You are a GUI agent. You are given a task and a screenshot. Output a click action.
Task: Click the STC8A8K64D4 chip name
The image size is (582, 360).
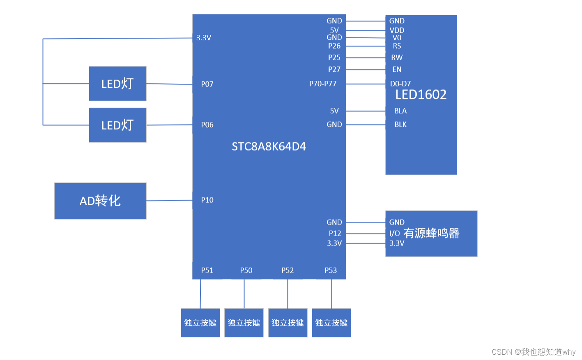click(269, 147)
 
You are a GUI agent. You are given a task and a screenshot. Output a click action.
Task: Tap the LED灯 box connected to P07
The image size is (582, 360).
click(117, 84)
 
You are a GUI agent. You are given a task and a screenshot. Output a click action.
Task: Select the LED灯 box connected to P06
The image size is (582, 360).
click(117, 125)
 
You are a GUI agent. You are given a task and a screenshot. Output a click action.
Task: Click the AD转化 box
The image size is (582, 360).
click(100, 201)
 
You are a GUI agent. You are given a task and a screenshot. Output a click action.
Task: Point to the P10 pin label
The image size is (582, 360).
click(207, 200)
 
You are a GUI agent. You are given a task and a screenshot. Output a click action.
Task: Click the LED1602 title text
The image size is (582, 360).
click(421, 95)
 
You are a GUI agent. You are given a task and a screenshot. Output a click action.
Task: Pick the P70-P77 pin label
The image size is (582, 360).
click(323, 84)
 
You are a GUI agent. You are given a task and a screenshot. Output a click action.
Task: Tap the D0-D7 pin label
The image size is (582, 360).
click(400, 84)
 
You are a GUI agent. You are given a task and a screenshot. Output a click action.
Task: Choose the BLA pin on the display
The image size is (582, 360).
click(400, 111)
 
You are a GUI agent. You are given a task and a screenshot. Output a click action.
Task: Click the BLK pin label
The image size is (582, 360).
click(400, 124)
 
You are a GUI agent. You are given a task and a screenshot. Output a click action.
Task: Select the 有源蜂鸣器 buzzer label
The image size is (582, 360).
click(431, 233)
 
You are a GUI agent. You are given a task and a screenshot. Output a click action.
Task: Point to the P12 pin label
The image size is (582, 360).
click(335, 233)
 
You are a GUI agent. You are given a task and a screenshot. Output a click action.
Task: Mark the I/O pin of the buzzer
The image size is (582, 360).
click(394, 234)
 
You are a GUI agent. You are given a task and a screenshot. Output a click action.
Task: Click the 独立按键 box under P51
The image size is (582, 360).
click(200, 323)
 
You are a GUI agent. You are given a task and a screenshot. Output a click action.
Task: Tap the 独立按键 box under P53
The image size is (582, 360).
click(331, 323)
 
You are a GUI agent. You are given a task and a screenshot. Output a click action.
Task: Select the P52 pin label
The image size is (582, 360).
click(288, 270)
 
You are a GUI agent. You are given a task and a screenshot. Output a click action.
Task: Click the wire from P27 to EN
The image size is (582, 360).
click(366, 69)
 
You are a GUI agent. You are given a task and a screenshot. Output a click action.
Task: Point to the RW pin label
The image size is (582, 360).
click(397, 57)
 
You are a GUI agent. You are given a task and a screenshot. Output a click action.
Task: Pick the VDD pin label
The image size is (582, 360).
click(397, 30)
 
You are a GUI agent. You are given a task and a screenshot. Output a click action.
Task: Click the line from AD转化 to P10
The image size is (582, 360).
click(169, 200)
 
